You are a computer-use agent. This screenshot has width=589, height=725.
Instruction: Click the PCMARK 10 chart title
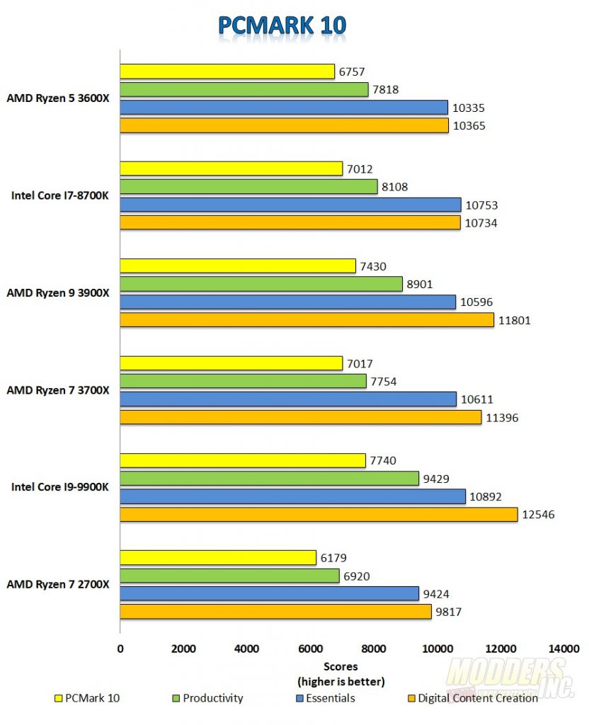282,25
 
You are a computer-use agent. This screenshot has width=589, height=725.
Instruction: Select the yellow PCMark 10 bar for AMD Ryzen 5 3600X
227,72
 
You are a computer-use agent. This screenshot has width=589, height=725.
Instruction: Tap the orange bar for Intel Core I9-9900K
319,515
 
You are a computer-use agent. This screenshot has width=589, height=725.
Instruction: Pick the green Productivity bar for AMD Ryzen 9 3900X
261,284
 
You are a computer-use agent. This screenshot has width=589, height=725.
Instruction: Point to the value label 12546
539,515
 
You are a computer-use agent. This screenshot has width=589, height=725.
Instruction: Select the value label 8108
394,187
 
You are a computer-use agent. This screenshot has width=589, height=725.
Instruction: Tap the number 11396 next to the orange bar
502,418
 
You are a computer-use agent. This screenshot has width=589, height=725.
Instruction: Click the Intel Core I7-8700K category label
60,196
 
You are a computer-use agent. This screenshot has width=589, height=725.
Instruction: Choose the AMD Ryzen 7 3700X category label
57,390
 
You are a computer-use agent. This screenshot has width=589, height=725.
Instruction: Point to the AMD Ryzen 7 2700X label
57,584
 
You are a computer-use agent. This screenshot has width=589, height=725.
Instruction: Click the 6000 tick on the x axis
310,648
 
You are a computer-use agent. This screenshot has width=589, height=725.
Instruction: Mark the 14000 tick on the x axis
564,648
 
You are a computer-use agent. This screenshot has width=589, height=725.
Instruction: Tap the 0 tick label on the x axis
120,648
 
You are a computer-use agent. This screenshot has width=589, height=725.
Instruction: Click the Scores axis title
341,666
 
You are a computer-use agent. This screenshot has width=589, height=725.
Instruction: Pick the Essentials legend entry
326,698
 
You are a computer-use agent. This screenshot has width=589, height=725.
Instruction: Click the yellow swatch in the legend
58,699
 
